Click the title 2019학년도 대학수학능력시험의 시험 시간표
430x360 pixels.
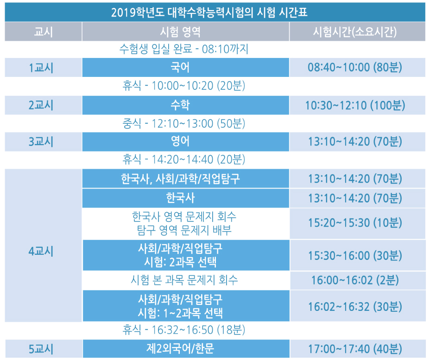point(209,13)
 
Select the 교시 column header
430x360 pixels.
point(44,32)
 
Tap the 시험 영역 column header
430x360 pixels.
point(180,32)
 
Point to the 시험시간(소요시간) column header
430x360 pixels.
point(355,32)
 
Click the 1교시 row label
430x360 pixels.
point(41,68)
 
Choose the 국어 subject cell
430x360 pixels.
point(180,68)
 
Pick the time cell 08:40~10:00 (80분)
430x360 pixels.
point(355,68)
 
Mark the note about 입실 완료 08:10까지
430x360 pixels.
point(184,50)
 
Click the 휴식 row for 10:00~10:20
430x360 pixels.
point(184,86)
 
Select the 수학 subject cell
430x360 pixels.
point(180,105)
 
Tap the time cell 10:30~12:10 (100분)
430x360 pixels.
point(355,105)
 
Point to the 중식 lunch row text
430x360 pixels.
point(184,124)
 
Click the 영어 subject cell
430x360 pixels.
point(180,141)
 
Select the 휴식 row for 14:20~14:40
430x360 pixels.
point(184,159)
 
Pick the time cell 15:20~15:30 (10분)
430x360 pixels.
point(355,223)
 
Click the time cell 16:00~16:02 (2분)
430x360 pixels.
point(355,280)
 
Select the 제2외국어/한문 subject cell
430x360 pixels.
point(180,348)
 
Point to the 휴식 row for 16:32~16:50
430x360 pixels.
point(184,330)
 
